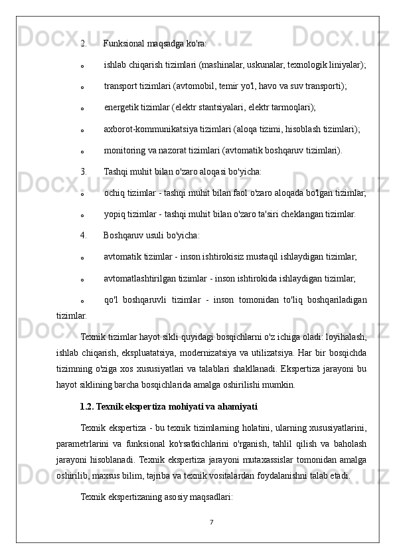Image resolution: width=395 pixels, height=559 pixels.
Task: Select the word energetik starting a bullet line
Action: pos(123,108)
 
